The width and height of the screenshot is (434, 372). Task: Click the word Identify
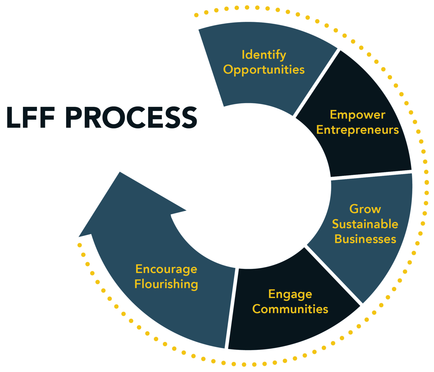pyautogui.click(x=264, y=55)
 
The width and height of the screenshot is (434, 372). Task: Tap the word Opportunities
pyautogui.click(x=264, y=70)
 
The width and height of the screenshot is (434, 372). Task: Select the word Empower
pyautogui.click(x=357, y=115)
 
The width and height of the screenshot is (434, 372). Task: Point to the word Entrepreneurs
pyautogui.click(x=357, y=130)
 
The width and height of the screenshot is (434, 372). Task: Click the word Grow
pyautogui.click(x=365, y=209)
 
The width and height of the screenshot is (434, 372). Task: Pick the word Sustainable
pyautogui.click(x=365, y=224)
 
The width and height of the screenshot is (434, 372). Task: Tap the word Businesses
pyautogui.click(x=365, y=239)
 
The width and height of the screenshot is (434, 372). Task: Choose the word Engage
pyautogui.click(x=290, y=294)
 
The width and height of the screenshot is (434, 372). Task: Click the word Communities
pyautogui.click(x=290, y=309)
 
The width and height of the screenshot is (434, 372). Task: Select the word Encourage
pyautogui.click(x=166, y=269)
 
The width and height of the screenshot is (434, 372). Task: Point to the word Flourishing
pyautogui.click(x=166, y=284)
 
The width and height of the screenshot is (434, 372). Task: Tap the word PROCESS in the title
pyautogui.click(x=131, y=118)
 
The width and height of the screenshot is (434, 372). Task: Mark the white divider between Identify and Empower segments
pyautogui.click(x=316, y=82)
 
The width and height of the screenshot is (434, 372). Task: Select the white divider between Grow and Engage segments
pyautogui.click(x=333, y=276)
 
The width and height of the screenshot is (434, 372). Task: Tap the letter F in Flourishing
pyautogui.click(x=137, y=284)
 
